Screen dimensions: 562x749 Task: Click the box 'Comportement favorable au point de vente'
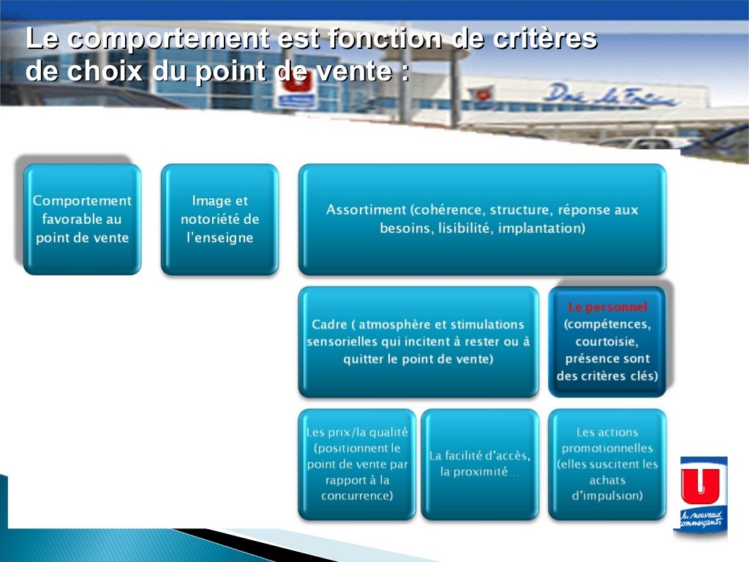(x=82, y=219)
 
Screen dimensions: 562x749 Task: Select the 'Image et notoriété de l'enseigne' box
(x=219, y=219)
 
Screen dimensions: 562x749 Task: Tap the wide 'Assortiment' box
(x=482, y=219)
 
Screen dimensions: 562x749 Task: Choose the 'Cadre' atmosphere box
(x=418, y=342)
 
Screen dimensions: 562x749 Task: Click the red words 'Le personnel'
(x=607, y=307)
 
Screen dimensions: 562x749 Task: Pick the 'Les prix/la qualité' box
(x=357, y=464)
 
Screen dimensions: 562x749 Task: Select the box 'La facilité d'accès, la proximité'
(x=480, y=464)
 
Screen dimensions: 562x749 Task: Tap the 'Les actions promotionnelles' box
(x=607, y=464)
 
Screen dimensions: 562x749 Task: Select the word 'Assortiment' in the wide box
(x=366, y=210)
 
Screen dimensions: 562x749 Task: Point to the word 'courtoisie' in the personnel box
(x=607, y=342)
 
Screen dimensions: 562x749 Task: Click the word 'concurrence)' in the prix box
(x=357, y=496)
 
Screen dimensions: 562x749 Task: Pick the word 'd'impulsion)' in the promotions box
(x=607, y=496)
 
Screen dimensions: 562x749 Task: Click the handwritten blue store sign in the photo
(x=611, y=95)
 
